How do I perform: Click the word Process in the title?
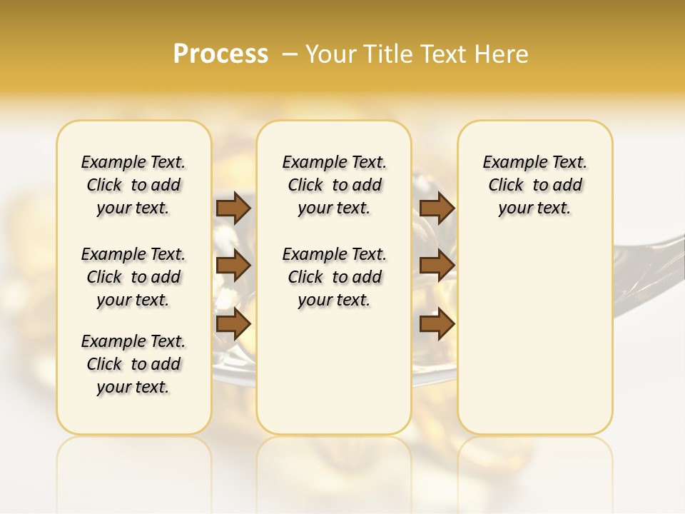click(x=220, y=54)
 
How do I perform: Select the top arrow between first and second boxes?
click(x=233, y=208)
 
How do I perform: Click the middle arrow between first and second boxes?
click(x=233, y=266)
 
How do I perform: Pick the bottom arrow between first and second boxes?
click(x=233, y=323)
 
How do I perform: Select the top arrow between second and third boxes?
click(x=437, y=208)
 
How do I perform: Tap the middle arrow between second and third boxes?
click(x=437, y=266)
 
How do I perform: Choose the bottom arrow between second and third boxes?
click(x=437, y=323)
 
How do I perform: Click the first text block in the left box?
click(x=133, y=185)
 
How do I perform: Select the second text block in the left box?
click(x=133, y=277)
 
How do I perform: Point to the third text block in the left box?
click(x=133, y=364)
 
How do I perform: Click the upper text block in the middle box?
click(x=334, y=185)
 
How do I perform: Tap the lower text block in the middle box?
click(x=334, y=277)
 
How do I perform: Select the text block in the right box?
click(x=534, y=185)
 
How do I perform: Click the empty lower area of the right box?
click(x=534, y=336)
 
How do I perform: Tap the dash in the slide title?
click(x=290, y=54)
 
